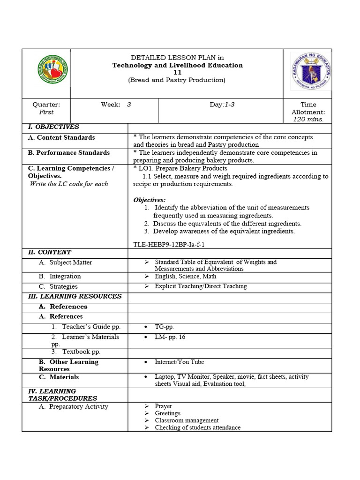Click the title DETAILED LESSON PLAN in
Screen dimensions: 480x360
(x=177, y=58)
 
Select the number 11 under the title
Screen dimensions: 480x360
(x=177, y=73)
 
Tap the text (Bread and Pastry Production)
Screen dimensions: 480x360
(x=177, y=80)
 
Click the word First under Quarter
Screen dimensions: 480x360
(x=46, y=112)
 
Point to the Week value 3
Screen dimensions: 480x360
(x=129, y=105)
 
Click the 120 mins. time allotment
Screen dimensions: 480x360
(x=308, y=120)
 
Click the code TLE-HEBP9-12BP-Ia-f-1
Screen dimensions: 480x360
(x=169, y=244)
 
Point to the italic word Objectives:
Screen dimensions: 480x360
(x=150, y=200)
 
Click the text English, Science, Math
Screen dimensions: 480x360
(x=186, y=277)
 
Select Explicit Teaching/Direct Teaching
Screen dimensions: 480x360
(x=201, y=286)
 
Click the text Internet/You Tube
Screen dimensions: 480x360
(x=179, y=362)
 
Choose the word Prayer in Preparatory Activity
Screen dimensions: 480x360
(x=163, y=406)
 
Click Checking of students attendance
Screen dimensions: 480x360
(x=197, y=427)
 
